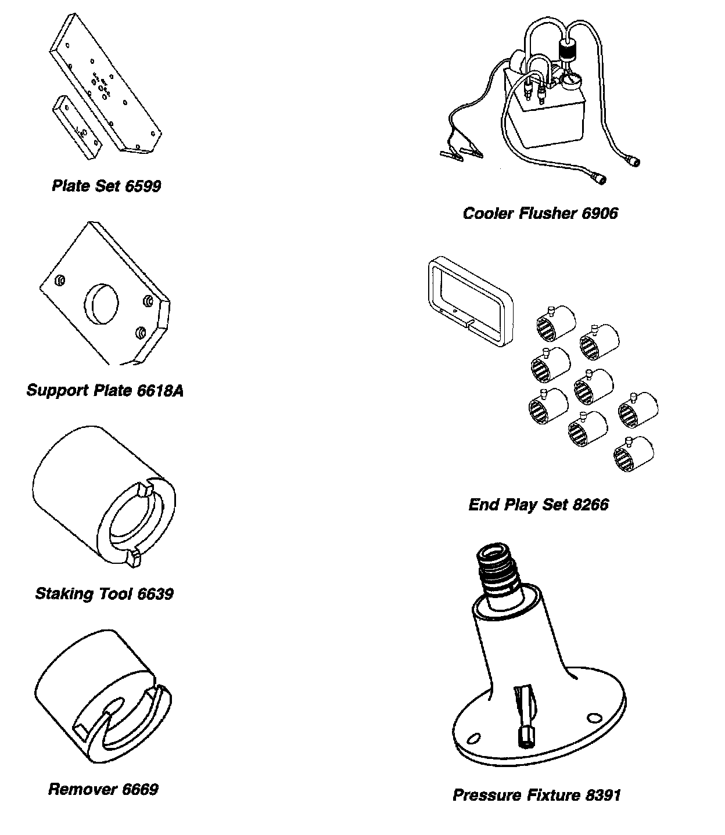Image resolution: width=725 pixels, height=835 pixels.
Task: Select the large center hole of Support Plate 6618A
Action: (x=102, y=304)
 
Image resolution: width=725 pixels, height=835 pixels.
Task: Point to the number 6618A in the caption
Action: (x=160, y=390)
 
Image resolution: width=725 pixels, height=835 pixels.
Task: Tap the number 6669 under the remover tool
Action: (x=140, y=790)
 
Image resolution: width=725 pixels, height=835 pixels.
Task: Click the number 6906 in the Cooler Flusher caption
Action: (x=600, y=214)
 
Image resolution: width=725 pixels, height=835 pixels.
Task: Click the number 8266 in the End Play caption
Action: (x=590, y=505)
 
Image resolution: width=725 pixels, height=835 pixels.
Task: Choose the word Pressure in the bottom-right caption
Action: (x=487, y=795)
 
